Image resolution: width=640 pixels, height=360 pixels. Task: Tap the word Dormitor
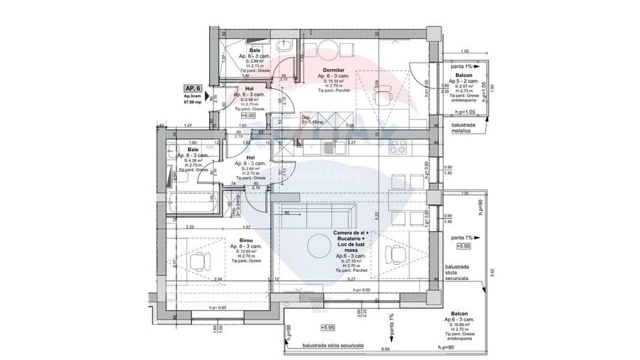click(333, 70)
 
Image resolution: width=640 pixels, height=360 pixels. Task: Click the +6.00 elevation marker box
click(248, 115)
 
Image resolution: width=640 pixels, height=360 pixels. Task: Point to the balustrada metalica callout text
click(467, 127)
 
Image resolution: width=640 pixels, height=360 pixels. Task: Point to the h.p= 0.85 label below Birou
click(218, 307)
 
